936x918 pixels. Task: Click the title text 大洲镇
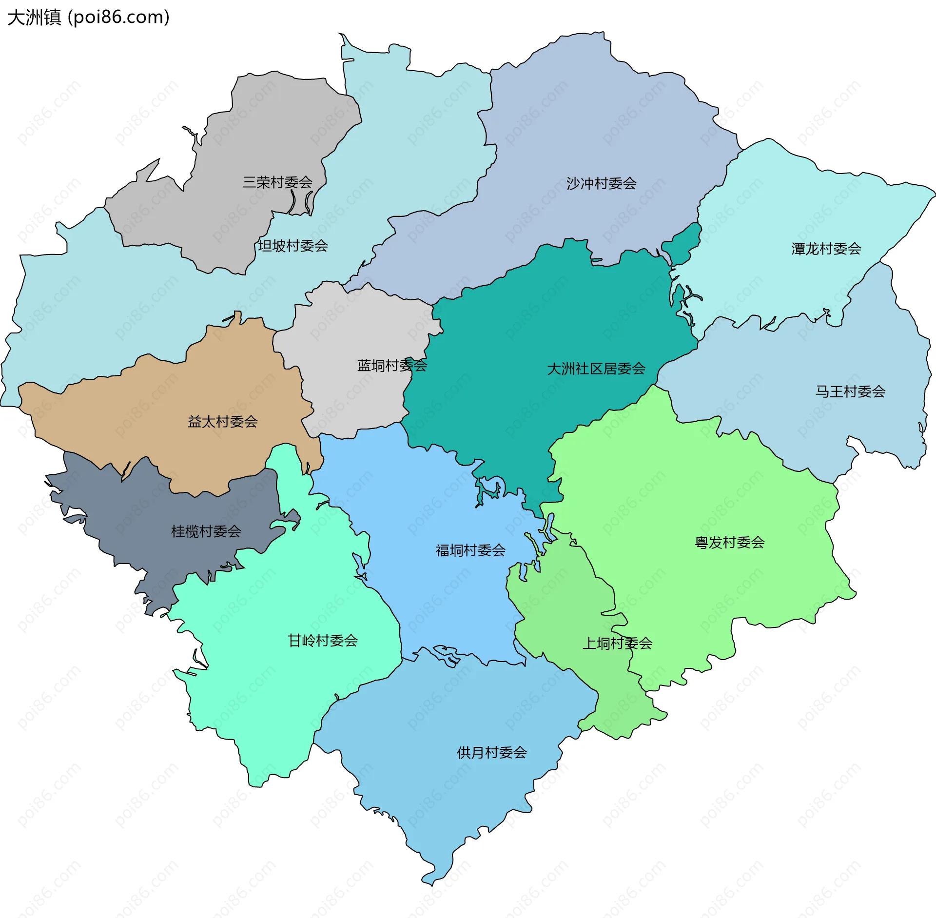click(x=34, y=18)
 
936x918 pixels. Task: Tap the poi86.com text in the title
click(x=119, y=18)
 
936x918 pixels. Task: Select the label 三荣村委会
click(x=277, y=182)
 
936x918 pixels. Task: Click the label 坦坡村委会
click(x=293, y=246)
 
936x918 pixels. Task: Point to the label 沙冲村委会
click(x=601, y=183)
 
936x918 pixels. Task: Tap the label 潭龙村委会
click(x=826, y=249)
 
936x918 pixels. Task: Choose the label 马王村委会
click(x=850, y=391)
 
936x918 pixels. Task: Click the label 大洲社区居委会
click(x=596, y=369)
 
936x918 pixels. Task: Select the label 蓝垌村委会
click(x=392, y=365)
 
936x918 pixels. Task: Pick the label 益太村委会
click(x=223, y=421)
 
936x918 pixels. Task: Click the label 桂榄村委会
click(x=206, y=531)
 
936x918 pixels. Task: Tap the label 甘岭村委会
click(x=323, y=640)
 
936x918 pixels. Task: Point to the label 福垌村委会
click(x=470, y=550)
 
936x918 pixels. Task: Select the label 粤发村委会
click(x=729, y=542)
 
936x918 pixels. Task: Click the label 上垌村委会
click(x=617, y=643)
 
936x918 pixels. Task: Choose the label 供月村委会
click(x=492, y=752)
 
